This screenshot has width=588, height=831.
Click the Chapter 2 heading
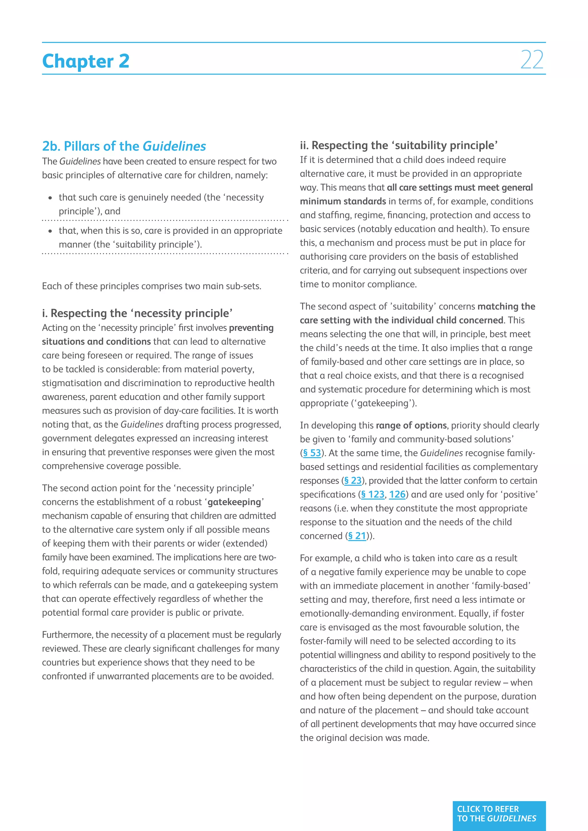(x=86, y=61)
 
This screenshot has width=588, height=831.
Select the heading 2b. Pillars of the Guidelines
(x=124, y=146)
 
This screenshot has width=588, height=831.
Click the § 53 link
(x=312, y=453)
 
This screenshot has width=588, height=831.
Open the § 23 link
(x=353, y=481)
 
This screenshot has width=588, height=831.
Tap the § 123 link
(x=373, y=494)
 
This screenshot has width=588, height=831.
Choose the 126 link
(x=397, y=494)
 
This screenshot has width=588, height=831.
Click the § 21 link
(x=357, y=536)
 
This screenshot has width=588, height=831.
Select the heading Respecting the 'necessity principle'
(x=137, y=313)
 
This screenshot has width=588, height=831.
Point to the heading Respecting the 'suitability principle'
(x=399, y=145)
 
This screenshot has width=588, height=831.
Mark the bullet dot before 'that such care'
(x=50, y=198)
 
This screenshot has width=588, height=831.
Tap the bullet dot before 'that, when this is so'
(x=50, y=231)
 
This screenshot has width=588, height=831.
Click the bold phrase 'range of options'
(x=411, y=425)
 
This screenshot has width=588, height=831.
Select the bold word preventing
(x=251, y=328)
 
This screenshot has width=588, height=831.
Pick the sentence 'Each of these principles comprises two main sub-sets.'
(x=151, y=286)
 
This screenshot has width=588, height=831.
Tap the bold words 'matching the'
(x=506, y=306)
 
